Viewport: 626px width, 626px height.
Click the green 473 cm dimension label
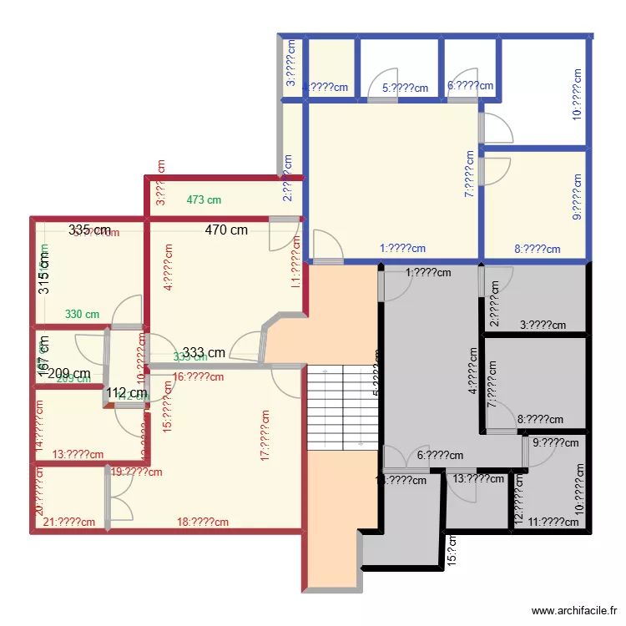pyautogui.click(x=204, y=200)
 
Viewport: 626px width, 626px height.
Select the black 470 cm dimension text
pyautogui.click(x=227, y=230)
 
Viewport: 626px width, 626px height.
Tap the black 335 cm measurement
pyautogui.click(x=90, y=230)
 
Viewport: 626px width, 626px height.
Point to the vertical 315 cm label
pyautogui.click(x=44, y=273)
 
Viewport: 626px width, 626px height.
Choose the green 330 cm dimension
pyautogui.click(x=82, y=315)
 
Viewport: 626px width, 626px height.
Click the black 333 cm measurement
pyautogui.click(x=204, y=352)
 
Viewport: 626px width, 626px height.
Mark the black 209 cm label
pyautogui.click(x=69, y=374)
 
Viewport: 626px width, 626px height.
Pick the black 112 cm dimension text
pyautogui.click(x=126, y=393)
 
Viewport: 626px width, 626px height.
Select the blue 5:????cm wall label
pyautogui.click(x=405, y=88)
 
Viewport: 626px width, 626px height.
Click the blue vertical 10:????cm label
pyautogui.click(x=577, y=94)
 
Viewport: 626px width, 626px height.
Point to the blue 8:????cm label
pyautogui.click(x=537, y=248)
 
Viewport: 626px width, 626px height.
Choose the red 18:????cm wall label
pyautogui.click(x=203, y=523)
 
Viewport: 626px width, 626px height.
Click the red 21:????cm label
pyautogui.click(x=68, y=523)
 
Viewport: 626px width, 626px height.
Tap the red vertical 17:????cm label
pyautogui.click(x=265, y=435)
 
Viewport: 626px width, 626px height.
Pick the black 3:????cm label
pyautogui.click(x=543, y=326)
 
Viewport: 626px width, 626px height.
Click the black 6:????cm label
pyautogui.click(x=440, y=456)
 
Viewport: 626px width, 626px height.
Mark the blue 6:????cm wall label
pyautogui.click(x=470, y=85)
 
